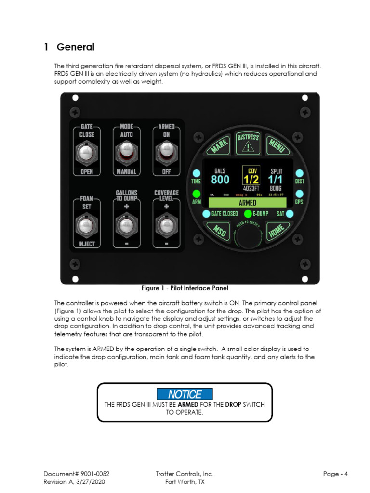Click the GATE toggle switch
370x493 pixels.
(87, 153)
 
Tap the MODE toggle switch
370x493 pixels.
(127, 153)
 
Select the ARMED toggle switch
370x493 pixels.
(166, 153)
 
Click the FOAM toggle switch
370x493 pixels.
(87, 225)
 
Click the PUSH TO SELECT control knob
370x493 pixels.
(248, 236)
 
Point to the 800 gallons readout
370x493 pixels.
(220, 180)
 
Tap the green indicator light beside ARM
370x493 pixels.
(197, 194)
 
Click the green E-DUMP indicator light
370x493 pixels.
(248, 213)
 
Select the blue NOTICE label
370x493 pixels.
(185, 394)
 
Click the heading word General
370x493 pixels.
(76, 47)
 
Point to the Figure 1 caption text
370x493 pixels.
(185, 288)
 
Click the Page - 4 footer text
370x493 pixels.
(335, 474)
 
